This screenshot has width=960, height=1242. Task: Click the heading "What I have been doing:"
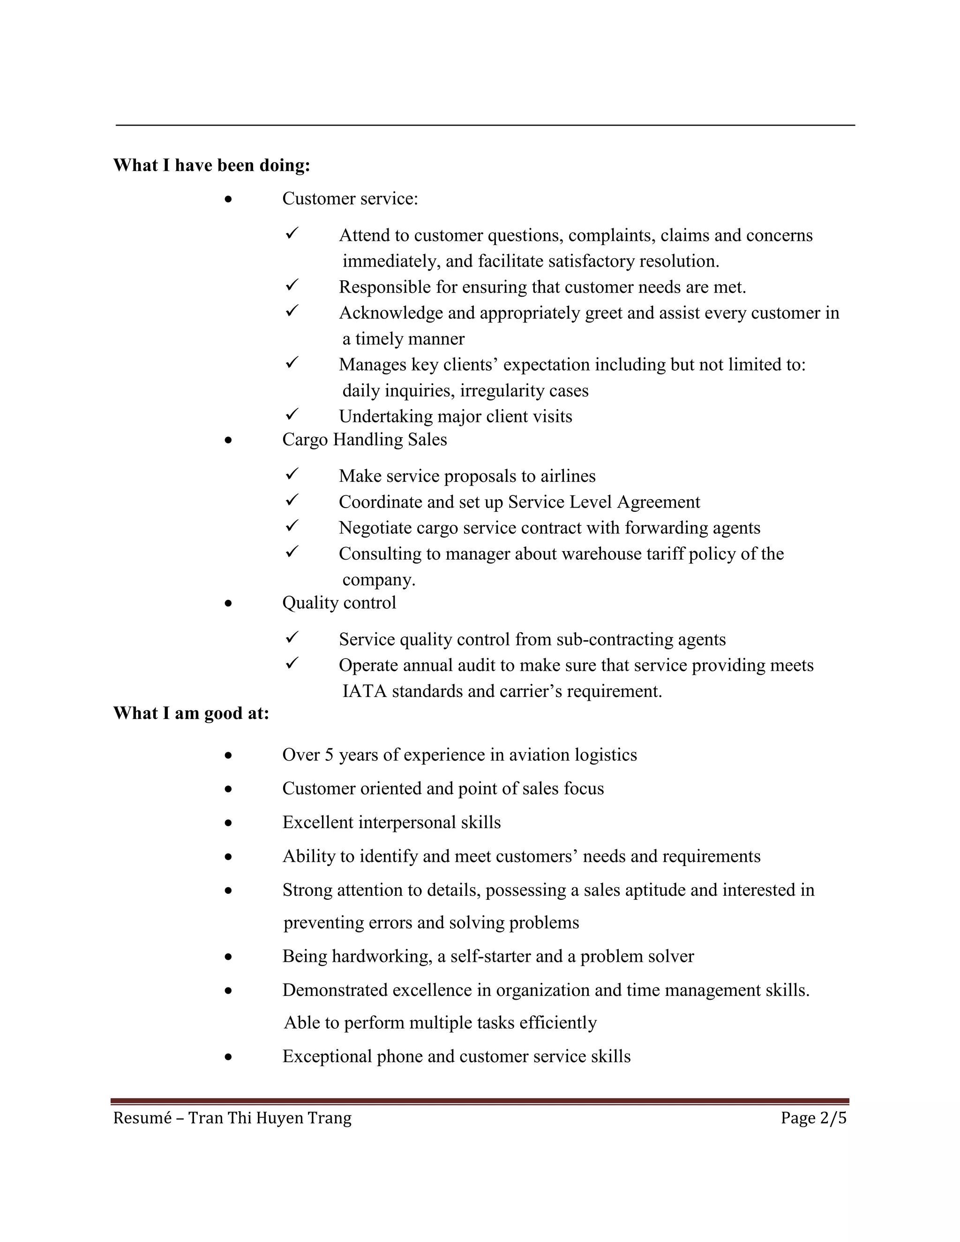[211, 165]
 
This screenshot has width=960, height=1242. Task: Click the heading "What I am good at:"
[191, 713]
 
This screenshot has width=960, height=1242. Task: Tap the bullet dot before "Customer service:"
[228, 200]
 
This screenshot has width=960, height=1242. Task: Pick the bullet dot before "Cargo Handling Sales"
[228, 440]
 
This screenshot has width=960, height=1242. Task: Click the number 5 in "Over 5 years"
[329, 755]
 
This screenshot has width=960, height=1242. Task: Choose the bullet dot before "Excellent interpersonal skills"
[228, 823]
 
